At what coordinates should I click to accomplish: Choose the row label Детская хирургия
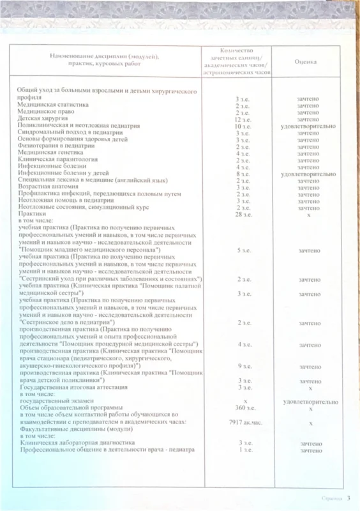click(42, 119)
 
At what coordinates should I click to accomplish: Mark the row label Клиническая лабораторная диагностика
click(77, 443)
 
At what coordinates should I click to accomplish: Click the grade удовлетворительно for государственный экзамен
click(308, 402)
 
